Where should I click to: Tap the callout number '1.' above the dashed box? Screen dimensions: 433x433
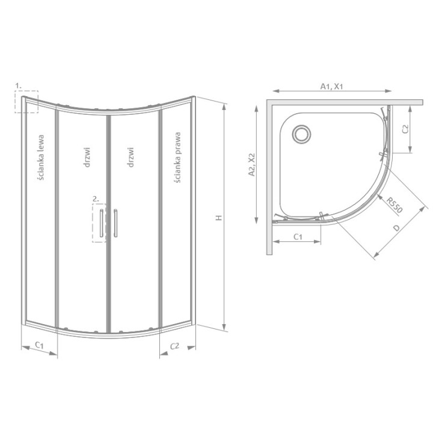tap(19, 85)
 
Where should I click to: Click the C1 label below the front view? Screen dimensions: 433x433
tap(38, 345)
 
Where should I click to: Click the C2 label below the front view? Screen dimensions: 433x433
tap(175, 345)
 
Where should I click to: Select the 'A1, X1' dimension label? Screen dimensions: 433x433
tap(331, 86)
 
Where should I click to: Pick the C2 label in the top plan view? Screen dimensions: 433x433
tap(405, 128)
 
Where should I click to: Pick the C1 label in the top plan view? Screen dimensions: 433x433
tap(297, 237)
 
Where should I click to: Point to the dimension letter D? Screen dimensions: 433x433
tap(395, 229)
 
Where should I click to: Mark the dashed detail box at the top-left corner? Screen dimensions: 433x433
tap(27, 102)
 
